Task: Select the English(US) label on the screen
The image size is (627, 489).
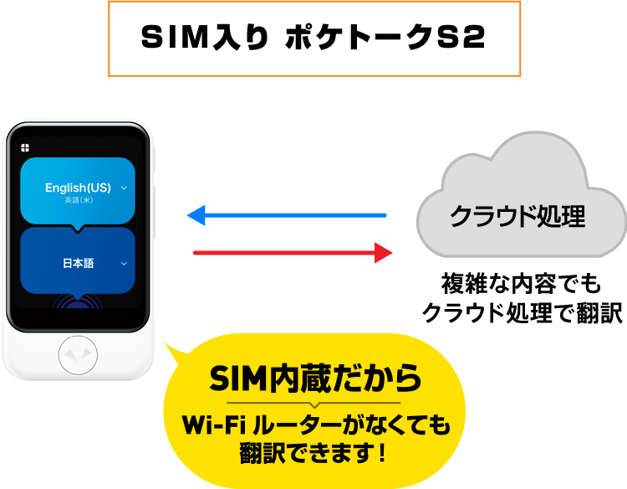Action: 78,188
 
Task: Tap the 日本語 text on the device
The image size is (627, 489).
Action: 78,263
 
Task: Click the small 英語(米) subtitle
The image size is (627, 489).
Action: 78,201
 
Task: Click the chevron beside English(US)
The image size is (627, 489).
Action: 124,188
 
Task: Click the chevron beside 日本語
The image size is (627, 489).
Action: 124,264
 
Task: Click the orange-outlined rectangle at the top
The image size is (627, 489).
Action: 313,39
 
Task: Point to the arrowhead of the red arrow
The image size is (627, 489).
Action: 384,253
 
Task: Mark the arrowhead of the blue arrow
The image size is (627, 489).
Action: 196,216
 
